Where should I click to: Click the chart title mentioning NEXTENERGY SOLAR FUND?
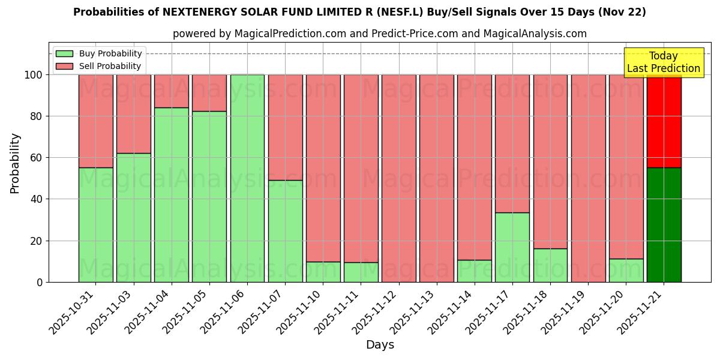point(359,12)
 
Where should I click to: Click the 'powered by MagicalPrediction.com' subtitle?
point(379,34)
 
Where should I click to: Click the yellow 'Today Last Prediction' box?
point(663,62)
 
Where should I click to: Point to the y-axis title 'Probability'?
point(15,163)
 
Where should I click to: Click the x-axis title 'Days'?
point(380,345)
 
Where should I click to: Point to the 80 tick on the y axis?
point(36,116)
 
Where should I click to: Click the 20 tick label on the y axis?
point(36,241)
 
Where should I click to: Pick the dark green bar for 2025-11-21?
point(664,225)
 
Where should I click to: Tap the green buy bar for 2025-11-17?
point(512,247)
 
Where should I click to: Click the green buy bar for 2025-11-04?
point(172,195)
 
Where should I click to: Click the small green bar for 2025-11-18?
point(550,265)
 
